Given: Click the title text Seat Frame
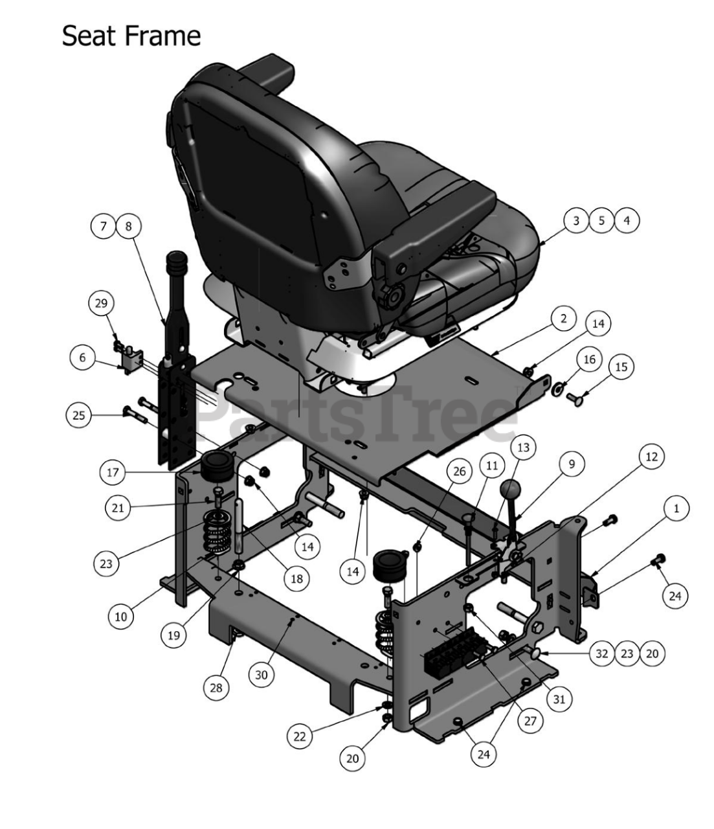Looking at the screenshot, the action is pyautogui.click(x=131, y=36).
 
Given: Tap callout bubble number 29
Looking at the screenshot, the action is pyautogui.click(x=101, y=303).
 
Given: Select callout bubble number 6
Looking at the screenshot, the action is pyautogui.click(x=83, y=358).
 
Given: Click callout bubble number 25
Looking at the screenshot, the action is pyautogui.click(x=78, y=415).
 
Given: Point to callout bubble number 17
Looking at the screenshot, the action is pyautogui.click(x=113, y=472).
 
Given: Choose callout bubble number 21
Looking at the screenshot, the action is pyautogui.click(x=118, y=508).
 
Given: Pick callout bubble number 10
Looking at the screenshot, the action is pyautogui.click(x=121, y=617).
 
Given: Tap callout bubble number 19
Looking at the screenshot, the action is pyautogui.click(x=173, y=635).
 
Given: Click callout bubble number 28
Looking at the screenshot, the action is pyautogui.click(x=216, y=688).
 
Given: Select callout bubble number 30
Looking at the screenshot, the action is pyautogui.click(x=261, y=675).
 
